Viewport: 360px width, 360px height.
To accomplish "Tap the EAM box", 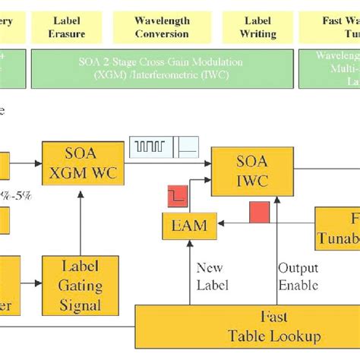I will tap(189, 226).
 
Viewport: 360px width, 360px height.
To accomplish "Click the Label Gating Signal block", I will tap(80, 286).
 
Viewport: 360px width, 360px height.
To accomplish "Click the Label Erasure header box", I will tap(67, 27).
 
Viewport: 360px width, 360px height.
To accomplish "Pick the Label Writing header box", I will tap(257, 27).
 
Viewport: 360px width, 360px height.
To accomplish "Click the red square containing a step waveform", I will tap(178, 197).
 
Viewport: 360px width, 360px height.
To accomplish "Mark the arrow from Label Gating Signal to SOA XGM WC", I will tap(81, 221).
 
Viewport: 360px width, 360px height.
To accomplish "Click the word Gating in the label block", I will tap(80, 286).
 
